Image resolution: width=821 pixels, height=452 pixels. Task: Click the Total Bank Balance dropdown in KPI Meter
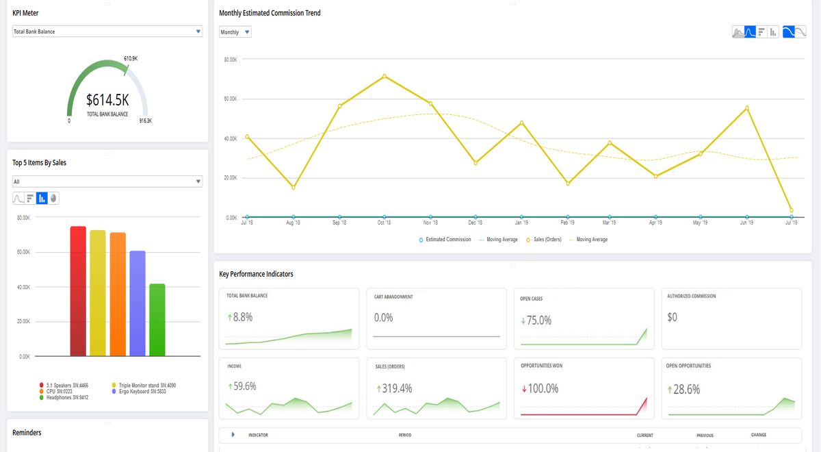click(x=107, y=32)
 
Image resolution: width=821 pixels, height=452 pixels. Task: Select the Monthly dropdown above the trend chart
click(x=235, y=32)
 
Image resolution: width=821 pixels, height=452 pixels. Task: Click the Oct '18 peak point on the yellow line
click(x=384, y=76)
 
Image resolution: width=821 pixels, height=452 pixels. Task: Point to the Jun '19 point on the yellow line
click(x=746, y=108)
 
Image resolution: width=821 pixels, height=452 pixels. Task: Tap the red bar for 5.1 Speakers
click(x=78, y=291)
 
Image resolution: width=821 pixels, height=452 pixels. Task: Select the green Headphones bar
click(x=157, y=320)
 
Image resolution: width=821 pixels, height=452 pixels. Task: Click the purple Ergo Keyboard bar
click(x=138, y=303)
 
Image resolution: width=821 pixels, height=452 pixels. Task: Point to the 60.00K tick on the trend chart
click(x=231, y=99)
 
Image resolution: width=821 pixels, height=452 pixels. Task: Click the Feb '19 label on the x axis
click(x=567, y=223)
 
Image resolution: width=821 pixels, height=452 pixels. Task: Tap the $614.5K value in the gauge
click(x=107, y=100)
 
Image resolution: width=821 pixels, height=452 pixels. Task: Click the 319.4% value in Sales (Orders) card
click(x=397, y=388)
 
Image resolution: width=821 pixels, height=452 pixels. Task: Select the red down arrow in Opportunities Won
click(x=524, y=388)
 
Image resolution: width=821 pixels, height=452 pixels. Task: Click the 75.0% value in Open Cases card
click(x=539, y=321)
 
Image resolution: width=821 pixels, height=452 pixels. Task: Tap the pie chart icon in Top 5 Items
click(x=53, y=199)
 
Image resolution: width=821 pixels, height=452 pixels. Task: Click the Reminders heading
click(x=27, y=433)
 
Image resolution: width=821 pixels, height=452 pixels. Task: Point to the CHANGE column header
click(x=759, y=435)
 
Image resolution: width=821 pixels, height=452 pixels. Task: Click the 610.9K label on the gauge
click(x=131, y=58)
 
